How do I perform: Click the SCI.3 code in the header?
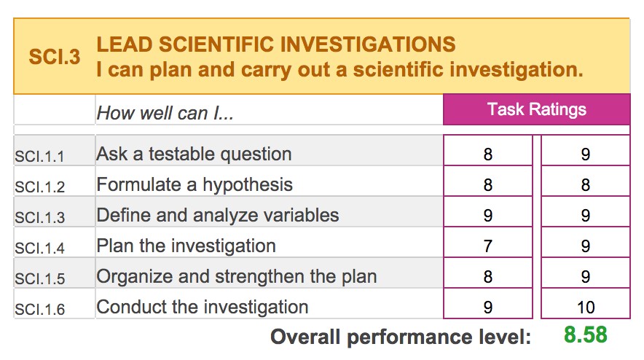(54, 56)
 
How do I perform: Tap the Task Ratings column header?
(536, 109)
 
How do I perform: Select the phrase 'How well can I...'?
(165, 113)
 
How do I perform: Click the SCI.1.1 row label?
(39, 157)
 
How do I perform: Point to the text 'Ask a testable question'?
(194, 154)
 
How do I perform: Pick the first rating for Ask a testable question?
(488, 154)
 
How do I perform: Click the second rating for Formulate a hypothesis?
(586, 185)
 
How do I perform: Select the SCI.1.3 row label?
(40, 217)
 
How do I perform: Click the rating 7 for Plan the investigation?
(488, 246)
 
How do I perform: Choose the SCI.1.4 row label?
(40, 249)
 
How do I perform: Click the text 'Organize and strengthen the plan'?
(237, 276)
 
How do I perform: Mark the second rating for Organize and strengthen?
(586, 277)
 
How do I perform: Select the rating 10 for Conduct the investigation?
(586, 308)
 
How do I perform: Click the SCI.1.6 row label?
(40, 309)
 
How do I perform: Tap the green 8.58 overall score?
(585, 334)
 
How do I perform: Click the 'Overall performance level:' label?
(401, 337)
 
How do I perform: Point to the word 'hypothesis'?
(248, 184)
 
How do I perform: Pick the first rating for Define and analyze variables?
(488, 215)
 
